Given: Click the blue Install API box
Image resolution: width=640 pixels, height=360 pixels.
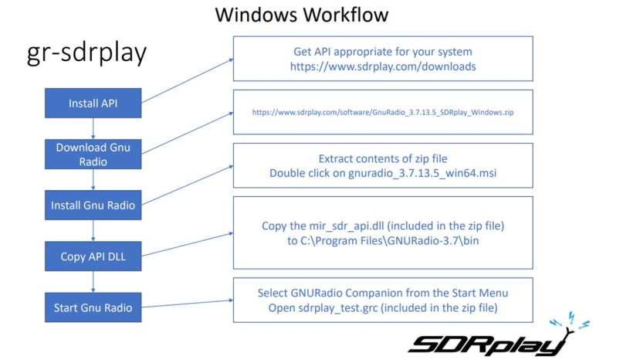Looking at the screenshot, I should coord(93,103).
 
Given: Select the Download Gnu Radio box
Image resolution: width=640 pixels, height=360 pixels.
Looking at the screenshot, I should coord(93,154).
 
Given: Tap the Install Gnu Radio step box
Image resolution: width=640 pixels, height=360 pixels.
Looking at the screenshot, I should coord(93,205).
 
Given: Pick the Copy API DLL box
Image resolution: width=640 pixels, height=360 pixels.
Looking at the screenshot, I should coord(93,256).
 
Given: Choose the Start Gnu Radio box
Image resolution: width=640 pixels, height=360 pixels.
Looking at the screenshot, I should coord(93,307).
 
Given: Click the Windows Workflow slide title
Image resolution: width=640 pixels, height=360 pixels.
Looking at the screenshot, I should coord(302,15).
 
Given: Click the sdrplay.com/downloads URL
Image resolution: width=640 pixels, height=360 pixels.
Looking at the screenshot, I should coord(383,66).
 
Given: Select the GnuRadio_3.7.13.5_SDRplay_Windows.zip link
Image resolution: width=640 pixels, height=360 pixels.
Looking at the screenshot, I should coord(383,112).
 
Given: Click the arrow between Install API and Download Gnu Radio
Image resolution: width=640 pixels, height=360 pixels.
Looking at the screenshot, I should coord(93,128).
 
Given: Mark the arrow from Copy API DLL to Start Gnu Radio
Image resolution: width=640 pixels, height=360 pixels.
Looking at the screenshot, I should coord(93,282).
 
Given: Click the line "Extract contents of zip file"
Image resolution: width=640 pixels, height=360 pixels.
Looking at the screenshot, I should coord(383,158).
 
